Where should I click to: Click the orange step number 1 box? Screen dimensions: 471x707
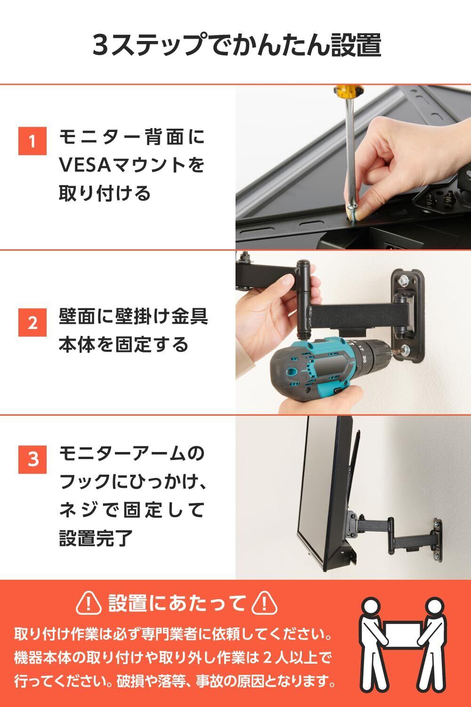(x=32, y=141)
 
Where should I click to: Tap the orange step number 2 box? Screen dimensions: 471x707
(x=32, y=322)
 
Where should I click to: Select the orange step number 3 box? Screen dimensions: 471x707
(x=32, y=459)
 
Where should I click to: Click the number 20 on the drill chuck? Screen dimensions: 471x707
(x=364, y=359)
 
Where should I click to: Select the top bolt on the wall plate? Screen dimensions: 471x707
(x=404, y=279)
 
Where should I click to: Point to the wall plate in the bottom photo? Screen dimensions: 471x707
(x=437, y=539)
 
